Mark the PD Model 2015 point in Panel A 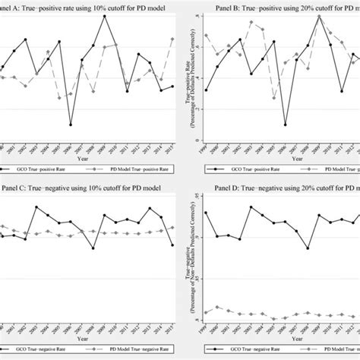pos(173,39)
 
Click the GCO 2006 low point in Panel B pos(264,125)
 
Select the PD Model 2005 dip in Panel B pos(252,97)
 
